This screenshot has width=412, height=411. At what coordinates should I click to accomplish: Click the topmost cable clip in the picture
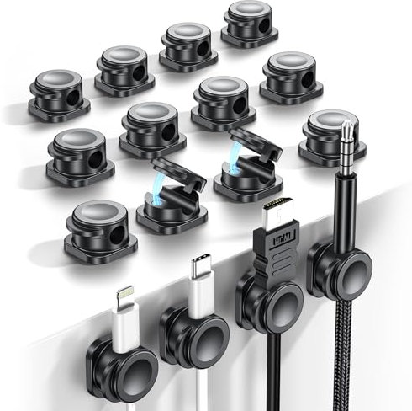pos(250,24)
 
